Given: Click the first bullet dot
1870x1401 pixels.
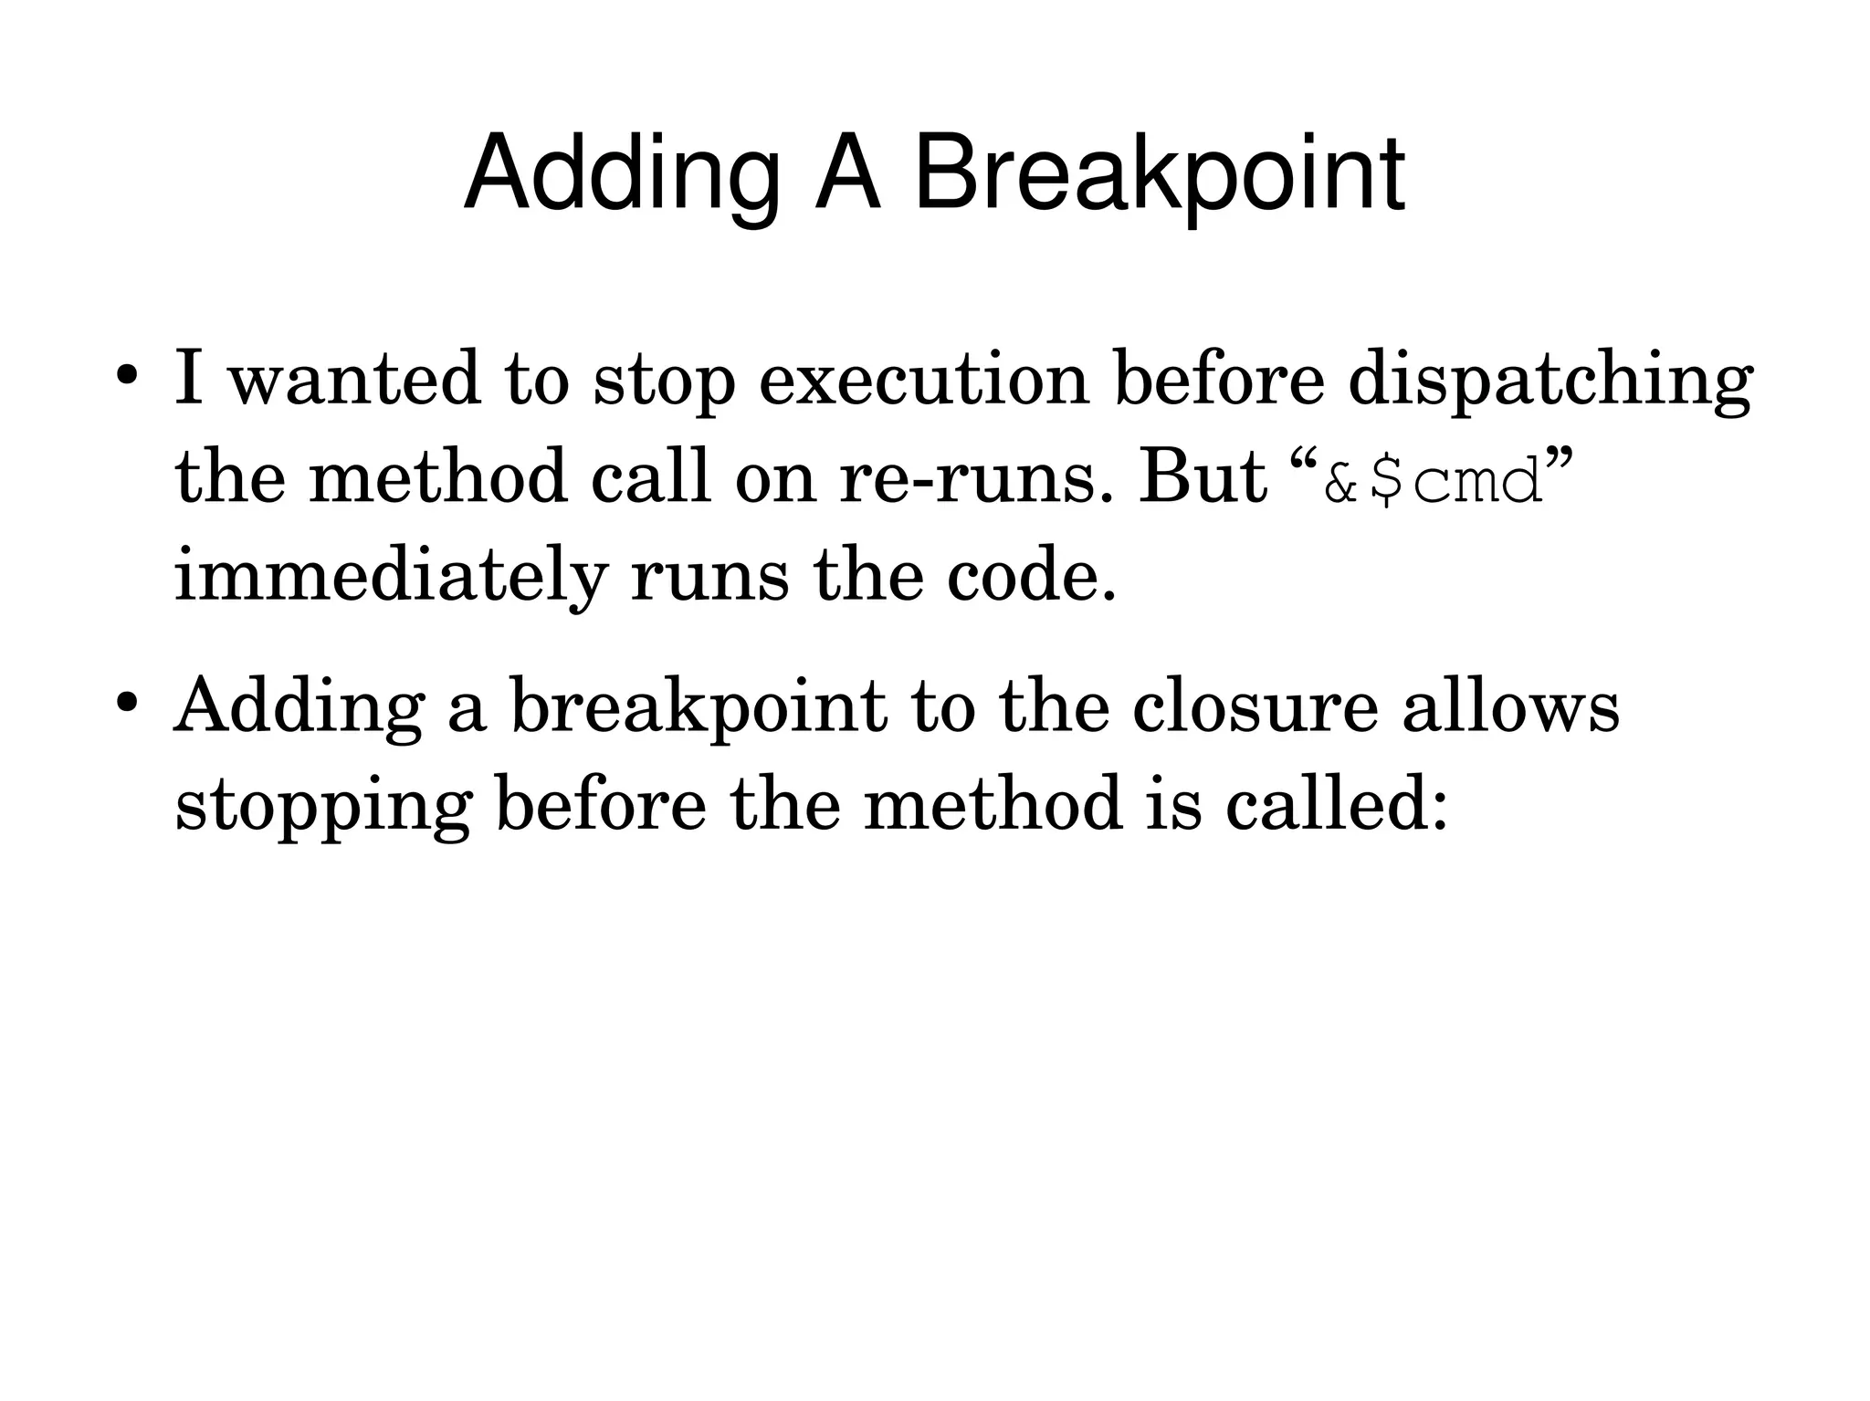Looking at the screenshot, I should [127, 377].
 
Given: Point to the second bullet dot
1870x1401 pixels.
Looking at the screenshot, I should [127, 704].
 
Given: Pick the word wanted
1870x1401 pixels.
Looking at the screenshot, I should [353, 379].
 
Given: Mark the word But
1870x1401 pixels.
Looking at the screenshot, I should [1203, 477].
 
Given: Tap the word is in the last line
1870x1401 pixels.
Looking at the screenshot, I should [1172, 803].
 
